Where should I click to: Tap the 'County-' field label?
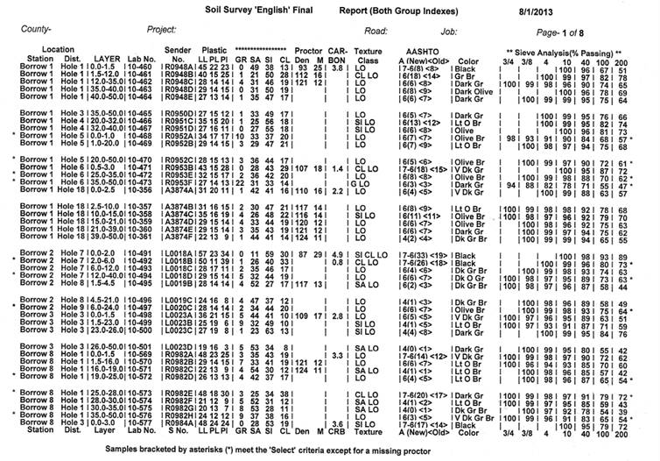click(x=42, y=31)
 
